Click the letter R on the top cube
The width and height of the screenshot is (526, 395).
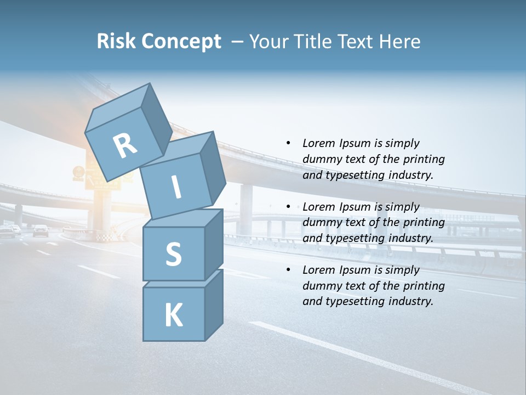pos(125,146)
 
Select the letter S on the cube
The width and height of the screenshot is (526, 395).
pos(173,255)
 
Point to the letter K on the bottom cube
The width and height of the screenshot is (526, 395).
pos(173,315)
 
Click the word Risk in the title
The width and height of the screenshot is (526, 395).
pos(116,41)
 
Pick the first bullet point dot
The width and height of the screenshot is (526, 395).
pos(288,143)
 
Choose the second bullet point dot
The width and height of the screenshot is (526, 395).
pos(288,207)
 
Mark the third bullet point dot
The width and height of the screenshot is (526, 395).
pos(288,270)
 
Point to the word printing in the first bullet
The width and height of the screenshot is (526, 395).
pos(424,159)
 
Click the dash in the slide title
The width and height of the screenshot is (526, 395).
pos(238,42)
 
